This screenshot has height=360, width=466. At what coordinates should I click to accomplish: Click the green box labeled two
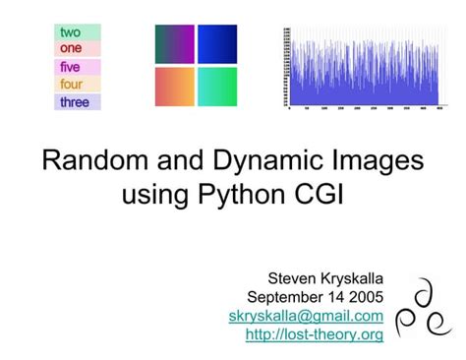tap(77, 32)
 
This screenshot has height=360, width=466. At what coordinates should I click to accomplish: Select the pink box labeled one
tap(77, 47)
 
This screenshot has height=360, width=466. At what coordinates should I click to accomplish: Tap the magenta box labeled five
tap(77, 67)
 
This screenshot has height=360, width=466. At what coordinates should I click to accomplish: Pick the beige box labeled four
tap(77, 85)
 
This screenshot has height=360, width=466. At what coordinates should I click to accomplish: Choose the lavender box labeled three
tap(77, 101)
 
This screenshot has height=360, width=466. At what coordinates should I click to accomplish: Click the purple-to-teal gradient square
tap(174, 44)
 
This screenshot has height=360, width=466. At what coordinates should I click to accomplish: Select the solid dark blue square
tap(217, 44)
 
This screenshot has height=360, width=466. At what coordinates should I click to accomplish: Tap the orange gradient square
tap(174, 87)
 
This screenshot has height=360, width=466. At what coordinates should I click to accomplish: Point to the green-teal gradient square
tap(217, 87)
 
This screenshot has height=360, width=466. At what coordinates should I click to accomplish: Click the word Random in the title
tap(92, 162)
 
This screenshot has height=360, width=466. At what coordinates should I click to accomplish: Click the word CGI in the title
tap(320, 196)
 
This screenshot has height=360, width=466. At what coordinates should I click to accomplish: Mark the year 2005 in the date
tap(365, 297)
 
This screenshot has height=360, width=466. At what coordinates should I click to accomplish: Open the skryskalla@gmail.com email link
tap(306, 316)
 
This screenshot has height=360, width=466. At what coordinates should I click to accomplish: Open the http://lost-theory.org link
tap(314, 334)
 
